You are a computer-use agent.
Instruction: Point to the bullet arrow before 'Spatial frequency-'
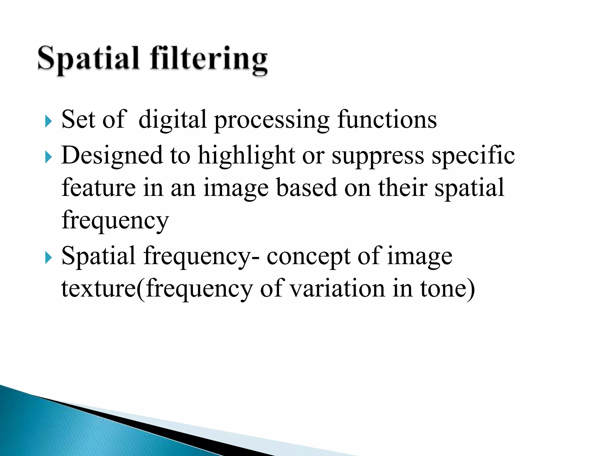[x=48, y=257]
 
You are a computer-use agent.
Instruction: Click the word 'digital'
[x=172, y=120]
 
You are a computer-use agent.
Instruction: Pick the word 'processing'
[x=272, y=121]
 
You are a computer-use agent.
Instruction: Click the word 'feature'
[x=99, y=188]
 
